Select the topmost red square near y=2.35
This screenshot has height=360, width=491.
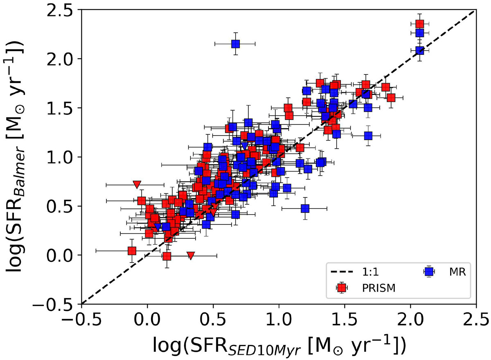[419, 24]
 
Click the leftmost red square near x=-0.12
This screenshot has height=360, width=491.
[132, 251]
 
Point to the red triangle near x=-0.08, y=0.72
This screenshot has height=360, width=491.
[137, 185]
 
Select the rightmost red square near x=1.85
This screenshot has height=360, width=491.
[391, 97]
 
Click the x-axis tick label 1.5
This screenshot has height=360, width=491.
[345, 318]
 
